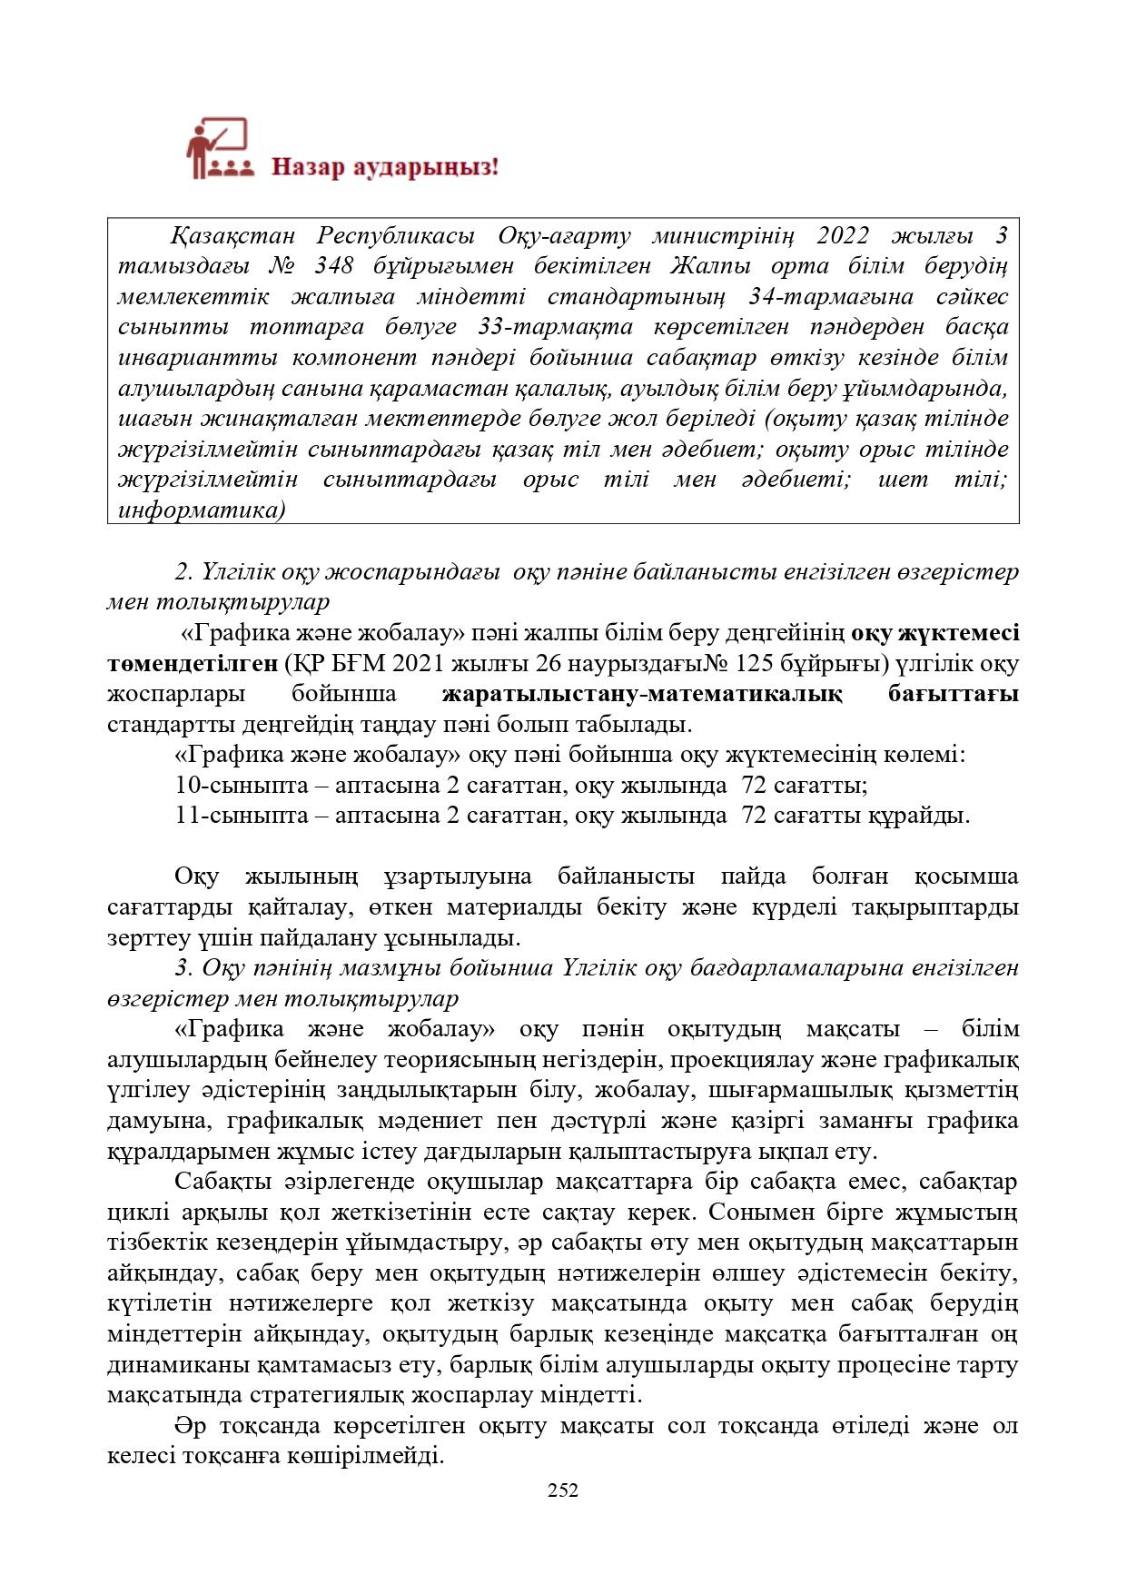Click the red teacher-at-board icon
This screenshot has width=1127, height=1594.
217,147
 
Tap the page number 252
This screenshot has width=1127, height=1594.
563,1490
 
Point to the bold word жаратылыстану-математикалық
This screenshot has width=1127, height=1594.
641,695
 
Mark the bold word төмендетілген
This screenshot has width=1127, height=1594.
193,664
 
